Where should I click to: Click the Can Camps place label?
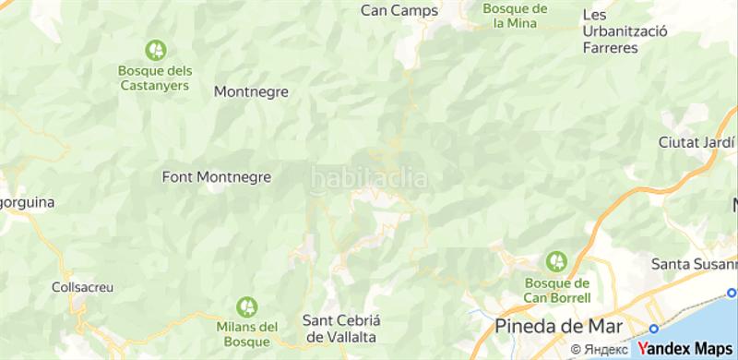point(399,10)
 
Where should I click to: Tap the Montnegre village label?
point(251,91)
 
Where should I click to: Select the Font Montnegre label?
point(217,175)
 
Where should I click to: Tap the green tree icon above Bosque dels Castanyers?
point(154,49)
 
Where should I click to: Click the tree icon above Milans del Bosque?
point(246,305)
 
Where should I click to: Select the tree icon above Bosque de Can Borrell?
point(556,261)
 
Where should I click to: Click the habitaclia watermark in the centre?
point(368,177)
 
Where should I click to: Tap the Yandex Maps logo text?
point(684,349)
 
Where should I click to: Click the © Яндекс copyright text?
point(600,350)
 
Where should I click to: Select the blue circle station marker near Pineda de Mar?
point(654,329)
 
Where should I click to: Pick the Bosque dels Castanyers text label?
point(154,77)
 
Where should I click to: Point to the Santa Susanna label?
point(693,264)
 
